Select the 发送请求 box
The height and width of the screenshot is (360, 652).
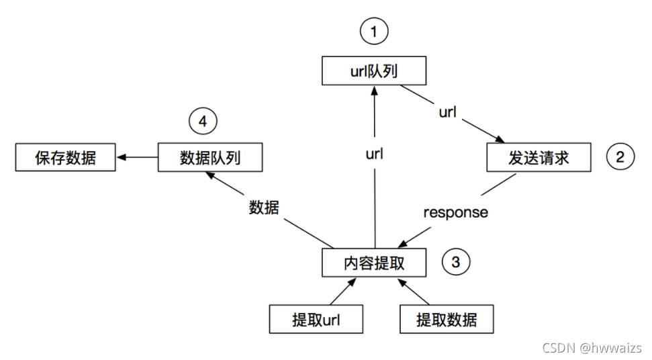(539, 158)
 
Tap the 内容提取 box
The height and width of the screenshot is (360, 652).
(374, 263)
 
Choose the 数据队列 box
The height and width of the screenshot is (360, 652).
(210, 158)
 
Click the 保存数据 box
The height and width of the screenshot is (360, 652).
(65, 158)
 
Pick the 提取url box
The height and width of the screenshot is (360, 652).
(316, 320)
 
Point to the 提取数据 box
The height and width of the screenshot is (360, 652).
(447, 320)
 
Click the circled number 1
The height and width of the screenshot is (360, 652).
(374, 30)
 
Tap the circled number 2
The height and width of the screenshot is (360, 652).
(620, 158)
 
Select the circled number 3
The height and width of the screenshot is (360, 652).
(455, 263)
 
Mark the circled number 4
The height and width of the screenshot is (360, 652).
(203, 122)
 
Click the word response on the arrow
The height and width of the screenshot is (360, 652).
(455, 212)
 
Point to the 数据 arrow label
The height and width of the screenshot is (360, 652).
(264, 208)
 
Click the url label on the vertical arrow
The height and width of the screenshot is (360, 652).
(374, 154)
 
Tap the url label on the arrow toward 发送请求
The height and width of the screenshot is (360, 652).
(447, 111)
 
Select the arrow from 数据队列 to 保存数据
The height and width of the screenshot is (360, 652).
(137, 158)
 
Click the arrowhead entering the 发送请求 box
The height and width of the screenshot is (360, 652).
(499, 139)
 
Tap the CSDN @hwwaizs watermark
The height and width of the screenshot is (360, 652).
(591, 348)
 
